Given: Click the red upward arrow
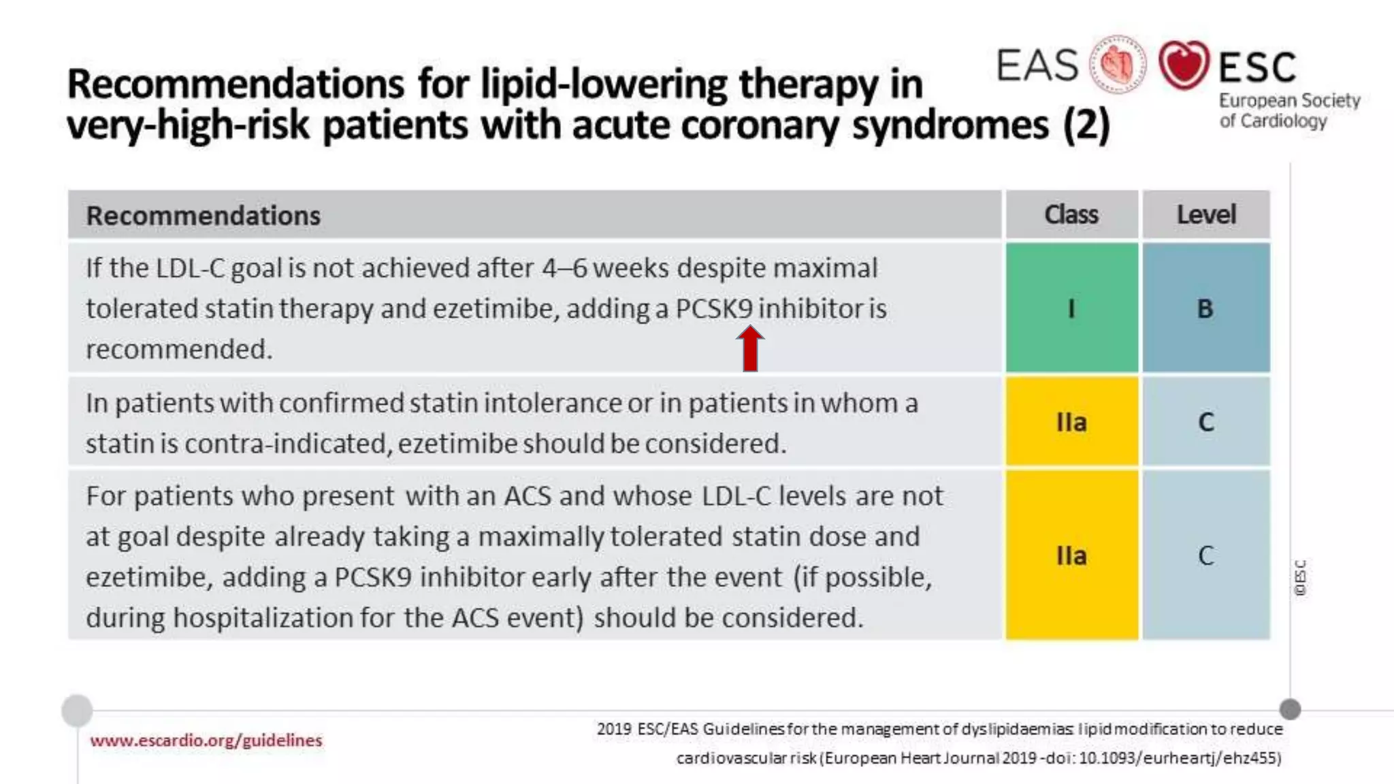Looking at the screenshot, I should pos(750,348).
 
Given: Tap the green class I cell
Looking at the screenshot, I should pos(1071,308).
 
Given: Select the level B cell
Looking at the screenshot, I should pos(1205,308).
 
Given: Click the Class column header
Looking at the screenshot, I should pos(1071,214).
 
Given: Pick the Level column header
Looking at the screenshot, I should pos(1205,214).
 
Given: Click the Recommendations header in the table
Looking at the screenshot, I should pos(203,216).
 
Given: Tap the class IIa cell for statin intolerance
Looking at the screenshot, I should pos(1071,422).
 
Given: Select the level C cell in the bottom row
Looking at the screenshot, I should pos(1205,555).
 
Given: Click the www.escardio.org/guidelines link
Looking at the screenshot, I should pos(206,740).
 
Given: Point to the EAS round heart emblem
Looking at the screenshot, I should pos(1117,65).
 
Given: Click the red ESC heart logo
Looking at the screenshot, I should pos(1184,65).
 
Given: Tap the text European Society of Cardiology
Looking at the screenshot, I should pos(1288,111).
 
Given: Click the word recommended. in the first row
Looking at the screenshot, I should pos(179,349).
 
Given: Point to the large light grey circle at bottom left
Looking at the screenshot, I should pos(77,710).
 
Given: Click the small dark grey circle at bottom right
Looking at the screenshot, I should pos(1290,709).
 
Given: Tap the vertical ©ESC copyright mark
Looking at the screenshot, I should pos(1300,578).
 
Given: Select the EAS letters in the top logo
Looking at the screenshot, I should pos(1037,65).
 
